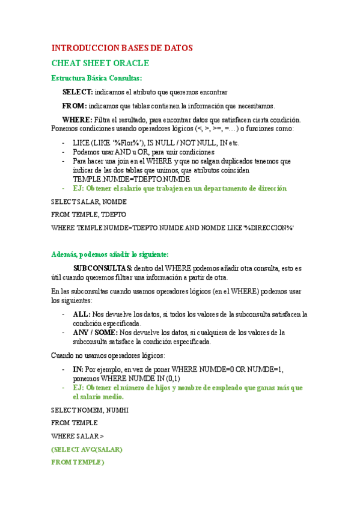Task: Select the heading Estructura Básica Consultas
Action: pyautogui.click(x=97, y=78)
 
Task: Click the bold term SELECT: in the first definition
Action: pyautogui.click(x=78, y=92)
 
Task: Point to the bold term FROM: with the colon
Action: pyautogui.click(x=75, y=106)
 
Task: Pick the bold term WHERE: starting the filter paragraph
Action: pyautogui.click(x=77, y=120)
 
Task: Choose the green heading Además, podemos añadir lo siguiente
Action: pyautogui.click(x=110, y=255)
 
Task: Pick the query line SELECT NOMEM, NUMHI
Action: pyautogui.click(x=90, y=410)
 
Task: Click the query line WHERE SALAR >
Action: pyautogui.click(x=78, y=436)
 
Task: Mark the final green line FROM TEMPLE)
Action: pyautogui.click(x=78, y=462)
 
